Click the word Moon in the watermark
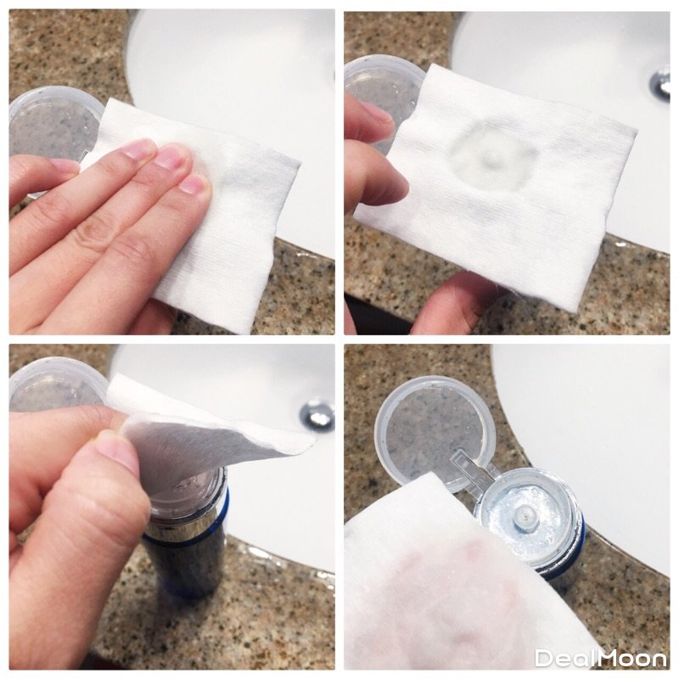tap(632, 659)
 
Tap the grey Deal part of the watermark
tap(565, 659)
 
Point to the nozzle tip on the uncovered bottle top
tap(525, 515)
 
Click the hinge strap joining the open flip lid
tap(474, 469)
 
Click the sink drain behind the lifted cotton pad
tap(317, 415)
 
